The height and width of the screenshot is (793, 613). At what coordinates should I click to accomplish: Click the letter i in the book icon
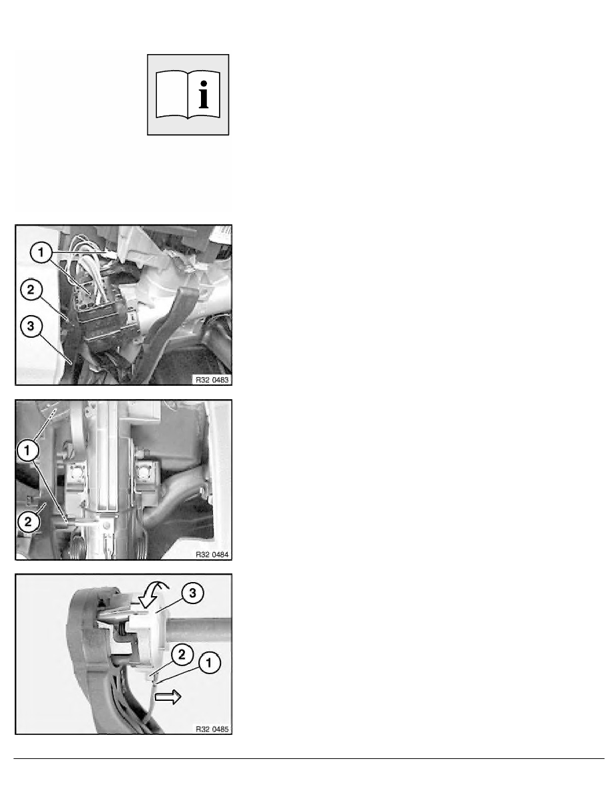[x=204, y=95]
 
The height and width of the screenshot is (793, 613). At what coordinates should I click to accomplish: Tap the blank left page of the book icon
[x=172, y=95]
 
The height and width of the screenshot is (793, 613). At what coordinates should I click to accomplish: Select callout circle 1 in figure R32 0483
[x=41, y=252]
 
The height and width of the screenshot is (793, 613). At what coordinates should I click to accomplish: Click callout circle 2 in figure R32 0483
[x=31, y=290]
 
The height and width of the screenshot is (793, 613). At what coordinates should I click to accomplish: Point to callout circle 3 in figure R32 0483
[x=31, y=326]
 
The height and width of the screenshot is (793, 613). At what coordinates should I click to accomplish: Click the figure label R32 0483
[x=212, y=380]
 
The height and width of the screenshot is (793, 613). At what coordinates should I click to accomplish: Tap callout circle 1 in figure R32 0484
[x=27, y=450]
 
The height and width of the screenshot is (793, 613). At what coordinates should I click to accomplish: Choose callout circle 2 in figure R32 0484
[x=28, y=521]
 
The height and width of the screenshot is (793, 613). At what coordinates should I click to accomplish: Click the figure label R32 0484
[x=212, y=555]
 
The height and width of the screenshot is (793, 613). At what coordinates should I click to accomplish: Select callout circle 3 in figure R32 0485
[x=193, y=593]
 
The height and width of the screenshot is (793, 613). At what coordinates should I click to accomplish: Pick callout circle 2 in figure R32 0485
[x=182, y=655]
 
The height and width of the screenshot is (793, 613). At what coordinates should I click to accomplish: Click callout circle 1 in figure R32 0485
[x=210, y=663]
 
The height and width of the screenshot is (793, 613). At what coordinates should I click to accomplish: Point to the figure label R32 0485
[x=212, y=730]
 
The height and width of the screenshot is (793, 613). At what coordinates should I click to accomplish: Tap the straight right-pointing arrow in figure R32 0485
[x=168, y=698]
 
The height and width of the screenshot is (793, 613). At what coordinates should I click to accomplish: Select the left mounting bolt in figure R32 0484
[x=76, y=473]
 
